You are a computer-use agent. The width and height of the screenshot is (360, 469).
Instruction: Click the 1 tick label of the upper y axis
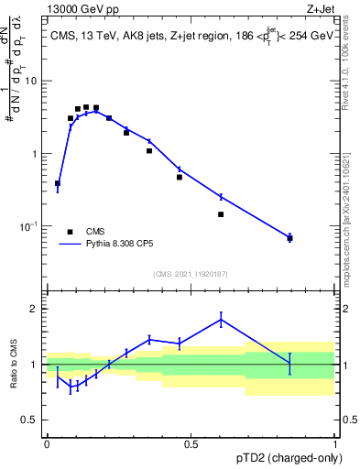[35, 153]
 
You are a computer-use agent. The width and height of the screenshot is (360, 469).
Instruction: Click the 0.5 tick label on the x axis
[191, 444]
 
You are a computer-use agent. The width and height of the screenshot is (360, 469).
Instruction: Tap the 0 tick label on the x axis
[47, 444]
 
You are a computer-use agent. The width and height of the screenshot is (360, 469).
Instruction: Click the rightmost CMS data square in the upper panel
[289, 238]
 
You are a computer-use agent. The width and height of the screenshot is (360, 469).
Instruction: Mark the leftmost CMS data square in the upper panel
[58, 183]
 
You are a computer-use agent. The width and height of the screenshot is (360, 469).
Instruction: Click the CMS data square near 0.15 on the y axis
[221, 214]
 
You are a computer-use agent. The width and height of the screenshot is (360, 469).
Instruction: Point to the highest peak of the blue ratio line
[221, 319]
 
